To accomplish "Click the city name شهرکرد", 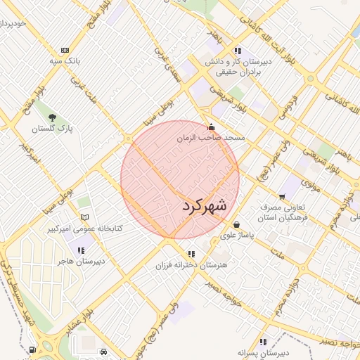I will (x=205, y=206).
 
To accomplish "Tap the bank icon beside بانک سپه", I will (x=65, y=51).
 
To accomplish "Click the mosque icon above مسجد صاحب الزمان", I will (x=212, y=127).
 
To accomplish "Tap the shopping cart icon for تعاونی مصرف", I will (x=282, y=197).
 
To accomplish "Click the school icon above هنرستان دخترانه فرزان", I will (x=191, y=255).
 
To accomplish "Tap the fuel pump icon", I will (x=33, y=349).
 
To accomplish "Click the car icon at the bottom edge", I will (x=103, y=351).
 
